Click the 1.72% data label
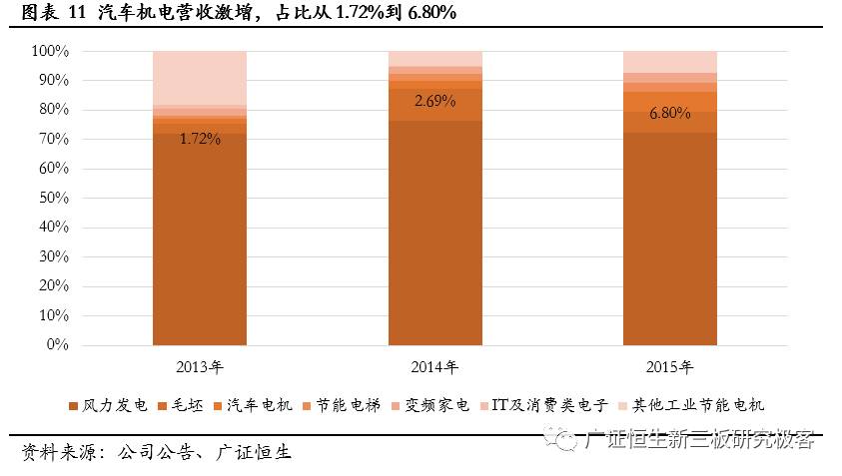pyautogui.click(x=200, y=139)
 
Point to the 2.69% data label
pyautogui.click(x=434, y=101)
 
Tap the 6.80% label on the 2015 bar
pyautogui.click(x=670, y=113)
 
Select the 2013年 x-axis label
pyautogui.click(x=199, y=366)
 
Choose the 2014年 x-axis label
pyautogui.click(x=434, y=366)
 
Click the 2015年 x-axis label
pyautogui.click(x=670, y=366)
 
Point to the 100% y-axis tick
pyautogui.click(x=50, y=51)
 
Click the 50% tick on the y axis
pyautogui.click(x=53, y=198)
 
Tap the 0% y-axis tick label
pyautogui.click(x=57, y=345)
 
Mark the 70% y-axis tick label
pyautogui.click(x=53, y=139)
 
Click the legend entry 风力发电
pyautogui.click(x=108, y=404)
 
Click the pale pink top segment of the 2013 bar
pyautogui.click(x=200, y=77)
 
